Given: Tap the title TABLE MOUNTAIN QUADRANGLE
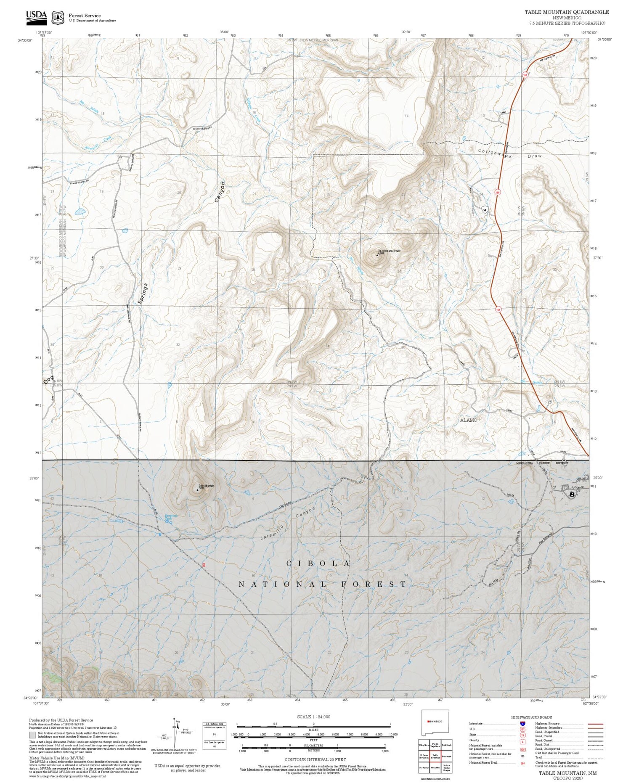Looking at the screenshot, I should [x=566, y=12].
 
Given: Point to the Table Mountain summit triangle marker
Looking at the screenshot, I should [x=198, y=489].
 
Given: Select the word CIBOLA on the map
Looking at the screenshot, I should [x=318, y=563].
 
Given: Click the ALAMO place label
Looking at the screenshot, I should [x=468, y=420].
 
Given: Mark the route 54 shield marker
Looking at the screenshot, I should [x=485, y=209].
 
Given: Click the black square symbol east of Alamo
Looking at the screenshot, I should [x=572, y=495].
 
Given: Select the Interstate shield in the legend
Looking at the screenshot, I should [x=522, y=723].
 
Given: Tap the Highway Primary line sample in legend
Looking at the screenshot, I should [x=593, y=724].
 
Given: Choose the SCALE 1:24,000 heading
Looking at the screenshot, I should [x=313, y=717].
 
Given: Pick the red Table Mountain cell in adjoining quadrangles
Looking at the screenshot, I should [x=435, y=757].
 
